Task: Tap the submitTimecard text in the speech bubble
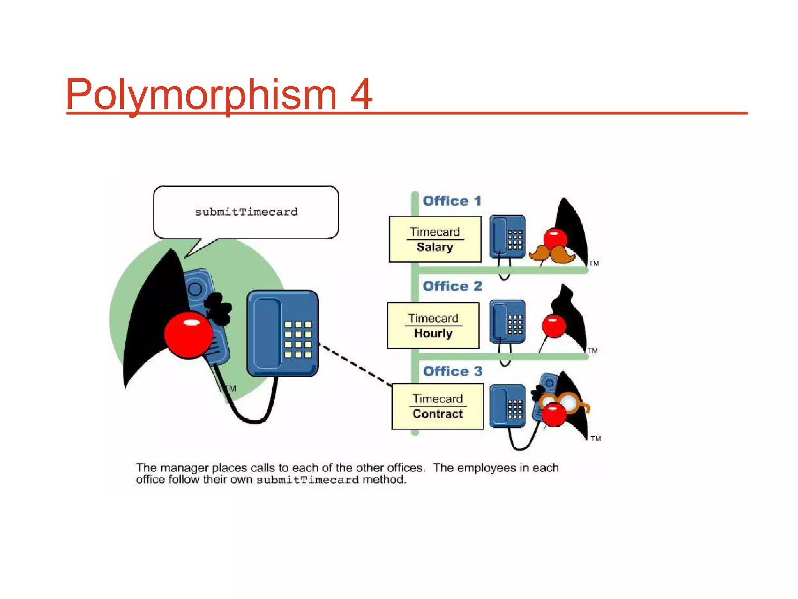pyautogui.click(x=246, y=212)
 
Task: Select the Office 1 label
pyautogui.click(x=452, y=201)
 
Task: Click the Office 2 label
pyautogui.click(x=452, y=286)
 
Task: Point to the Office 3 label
pyautogui.click(x=452, y=371)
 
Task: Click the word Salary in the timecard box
pyautogui.click(x=435, y=247)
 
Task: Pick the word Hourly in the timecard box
pyautogui.click(x=433, y=333)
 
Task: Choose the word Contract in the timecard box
pyautogui.click(x=438, y=414)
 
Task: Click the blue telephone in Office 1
pyautogui.click(x=507, y=237)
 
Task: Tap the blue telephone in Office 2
pyautogui.click(x=507, y=321)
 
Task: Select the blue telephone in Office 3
pyautogui.click(x=507, y=406)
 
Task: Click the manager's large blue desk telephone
pyautogui.click(x=282, y=333)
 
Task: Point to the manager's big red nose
pyautogui.click(x=189, y=334)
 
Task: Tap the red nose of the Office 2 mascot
pyautogui.click(x=554, y=326)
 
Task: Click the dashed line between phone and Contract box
pyautogui.click(x=355, y=365)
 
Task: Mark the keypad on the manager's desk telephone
pyautogui.click(x=298, y=339)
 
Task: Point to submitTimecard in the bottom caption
pyautogui.click(x=307, y=480)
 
